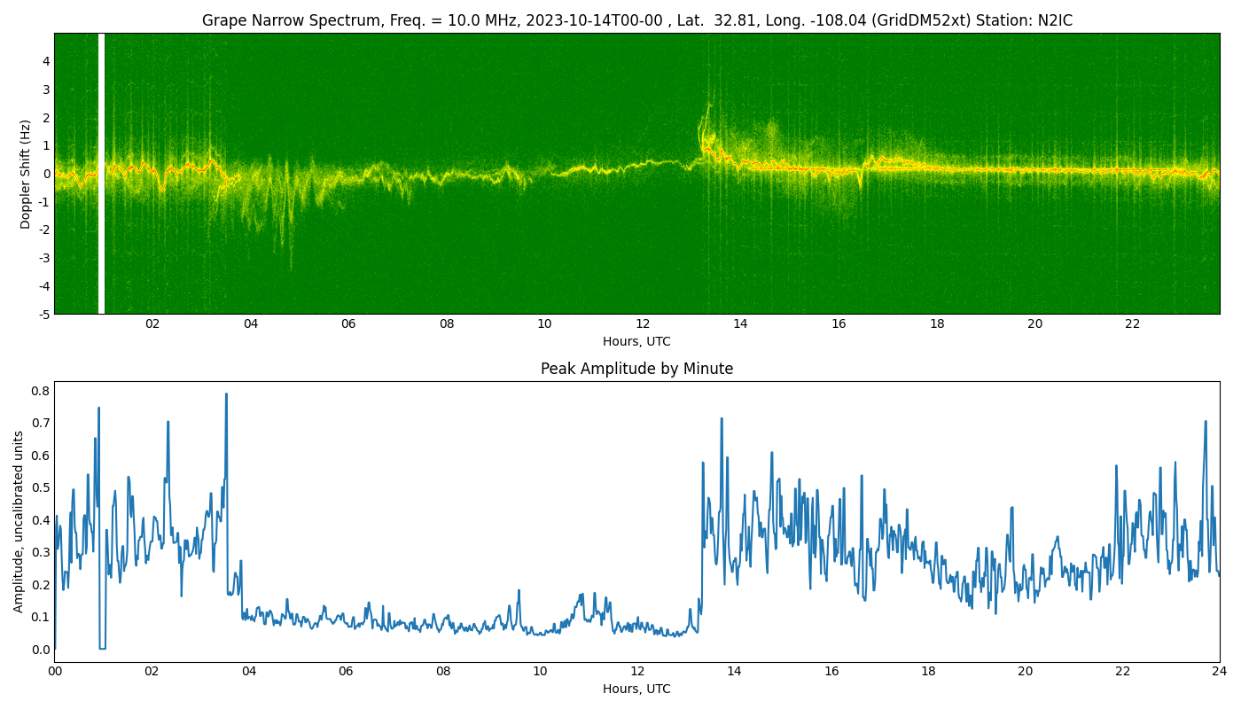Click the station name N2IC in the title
[1055, 20]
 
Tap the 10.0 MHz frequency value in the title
[481, 20]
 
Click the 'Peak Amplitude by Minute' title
[636, 369]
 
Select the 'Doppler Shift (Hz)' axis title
[25, 174]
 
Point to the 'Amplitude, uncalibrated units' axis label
[19, 522]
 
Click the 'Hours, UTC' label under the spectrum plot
[636, 341]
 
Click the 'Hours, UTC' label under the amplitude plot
[636, 690]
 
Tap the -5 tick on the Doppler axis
[43, 315]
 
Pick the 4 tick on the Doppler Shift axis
[46, 61]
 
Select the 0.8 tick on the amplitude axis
[41, 391]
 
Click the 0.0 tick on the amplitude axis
[41, 650]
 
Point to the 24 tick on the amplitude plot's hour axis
[1220, 672]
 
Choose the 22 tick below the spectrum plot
[1133, 324]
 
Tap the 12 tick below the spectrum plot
[643, 324]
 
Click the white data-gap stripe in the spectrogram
[101, 174]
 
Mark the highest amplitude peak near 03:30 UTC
[226, 393]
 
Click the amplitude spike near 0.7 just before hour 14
[722, 418]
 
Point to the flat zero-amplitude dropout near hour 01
[103, 649]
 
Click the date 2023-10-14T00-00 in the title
[594, 20]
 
